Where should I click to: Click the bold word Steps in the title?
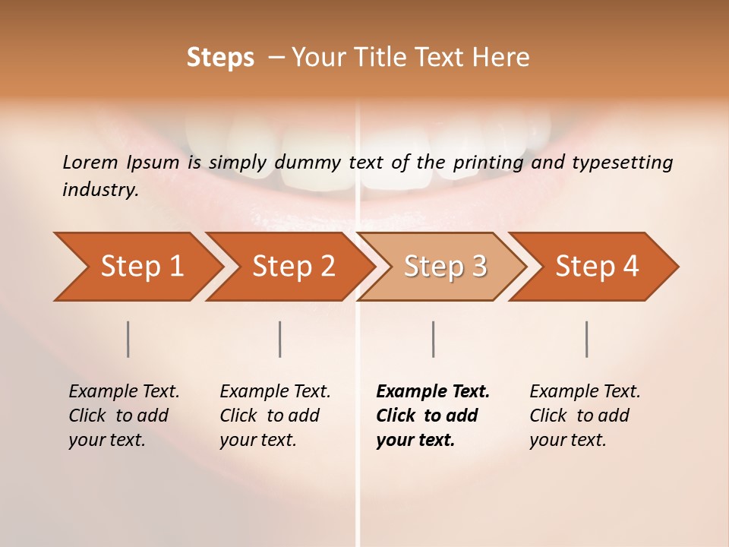click(x=220, y=58)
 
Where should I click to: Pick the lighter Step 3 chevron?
click(x=445, y=267)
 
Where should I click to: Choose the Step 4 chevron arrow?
click(x=597, y=267)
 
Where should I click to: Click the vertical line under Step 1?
click(x=128, y=339)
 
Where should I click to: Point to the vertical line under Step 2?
click(x=280, y=339)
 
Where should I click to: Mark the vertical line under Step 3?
click(x=434, y=339)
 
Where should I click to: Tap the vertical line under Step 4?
click(x=587, y=339)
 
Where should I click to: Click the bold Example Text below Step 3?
click(x=433, y=391)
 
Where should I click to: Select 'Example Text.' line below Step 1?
click(x=124, y=391)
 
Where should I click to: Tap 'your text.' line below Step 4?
click(x=567, y=440)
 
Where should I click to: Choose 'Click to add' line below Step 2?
click(x=270, y=416)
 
